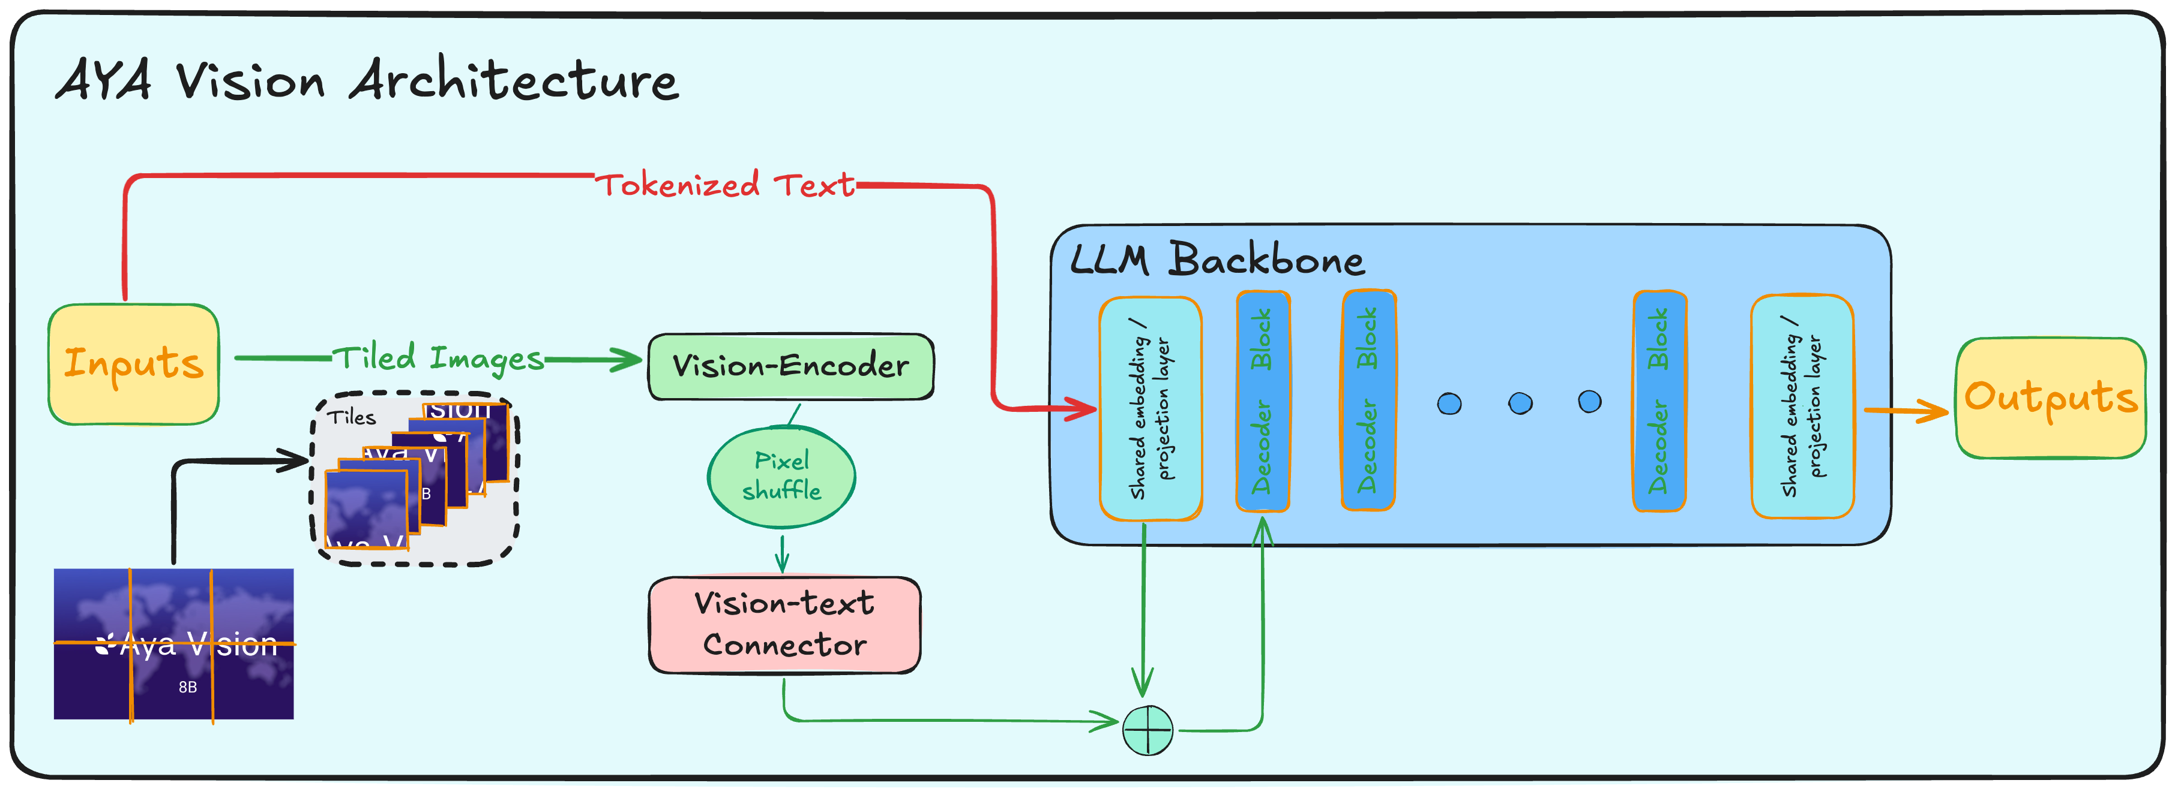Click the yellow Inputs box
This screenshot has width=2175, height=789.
point(133,364)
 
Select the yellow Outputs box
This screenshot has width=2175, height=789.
point(2050,397)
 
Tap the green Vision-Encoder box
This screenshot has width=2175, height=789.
point(790,366)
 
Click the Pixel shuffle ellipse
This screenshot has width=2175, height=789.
point(781,476)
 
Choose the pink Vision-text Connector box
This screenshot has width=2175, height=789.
point(784,625)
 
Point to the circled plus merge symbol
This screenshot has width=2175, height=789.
point(1148,730)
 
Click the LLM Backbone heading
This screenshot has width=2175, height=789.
point(1216,259)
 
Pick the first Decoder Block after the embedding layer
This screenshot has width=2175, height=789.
point(1262,401)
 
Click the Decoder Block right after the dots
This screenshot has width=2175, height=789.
point(1659,401)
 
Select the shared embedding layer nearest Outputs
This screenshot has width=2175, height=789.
point(1802,406)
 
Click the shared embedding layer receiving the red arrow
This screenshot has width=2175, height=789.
point(1150,408)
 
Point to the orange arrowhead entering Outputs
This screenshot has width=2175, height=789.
point(1934,411)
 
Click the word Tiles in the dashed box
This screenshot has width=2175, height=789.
point(351,417)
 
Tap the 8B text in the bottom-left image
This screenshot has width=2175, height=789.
point(187,687)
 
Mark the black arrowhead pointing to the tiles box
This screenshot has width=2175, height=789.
point(295,460)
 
